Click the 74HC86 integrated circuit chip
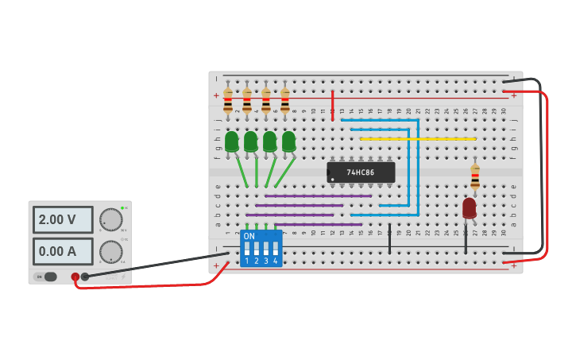pos(361,172)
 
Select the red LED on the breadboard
pos(470,208)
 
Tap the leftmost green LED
pos(231,141)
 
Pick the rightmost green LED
pos(288,141)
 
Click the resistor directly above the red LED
pos(475,176)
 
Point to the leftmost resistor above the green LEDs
pos(228,101)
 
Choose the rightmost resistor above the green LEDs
pos(284,101)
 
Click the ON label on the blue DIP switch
pos(249,237)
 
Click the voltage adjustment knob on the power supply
pos(111,220)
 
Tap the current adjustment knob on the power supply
pos(111,252)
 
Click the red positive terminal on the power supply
pos(75,277)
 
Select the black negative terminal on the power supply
pos(85,277)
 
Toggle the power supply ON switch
pos(47,277)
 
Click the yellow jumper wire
pos(417,139)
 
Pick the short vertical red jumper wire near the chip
pos(332,105)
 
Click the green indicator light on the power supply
pos(122,208)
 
